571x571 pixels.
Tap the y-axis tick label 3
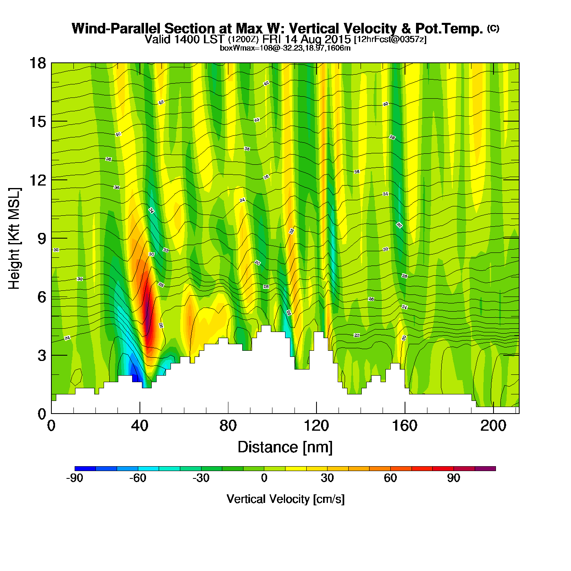(42, 355)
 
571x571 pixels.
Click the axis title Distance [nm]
(285, 447)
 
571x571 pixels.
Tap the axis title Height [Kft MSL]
(14, 239)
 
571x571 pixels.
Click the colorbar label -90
(75, 478)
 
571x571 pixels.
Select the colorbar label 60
(390, 478)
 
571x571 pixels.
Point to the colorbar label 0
(264, 478)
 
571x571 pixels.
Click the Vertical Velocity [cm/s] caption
(285, 499)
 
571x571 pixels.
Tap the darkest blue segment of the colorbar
(85, 469)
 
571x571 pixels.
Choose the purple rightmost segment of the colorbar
(485, 469)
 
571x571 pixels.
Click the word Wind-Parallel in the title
(117, 29)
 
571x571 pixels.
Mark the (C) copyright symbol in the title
(493, 28)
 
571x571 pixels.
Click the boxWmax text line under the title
(285, 48)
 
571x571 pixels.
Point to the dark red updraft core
(148, 310)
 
